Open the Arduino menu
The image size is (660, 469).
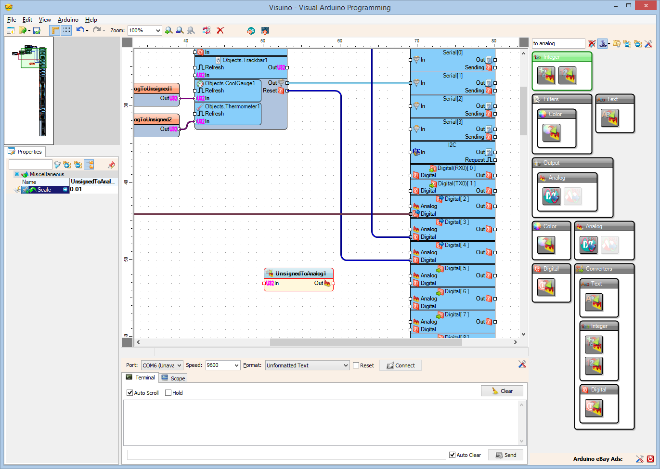68,20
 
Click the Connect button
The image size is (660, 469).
401,365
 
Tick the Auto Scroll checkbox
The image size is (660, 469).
130,393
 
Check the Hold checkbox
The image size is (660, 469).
168,393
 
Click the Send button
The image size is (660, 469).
505,455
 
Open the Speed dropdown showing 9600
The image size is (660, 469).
222,365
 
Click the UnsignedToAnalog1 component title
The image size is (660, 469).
300,274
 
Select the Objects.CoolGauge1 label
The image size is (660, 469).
230,83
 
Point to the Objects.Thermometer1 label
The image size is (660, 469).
232,106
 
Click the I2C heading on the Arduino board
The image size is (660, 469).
452,145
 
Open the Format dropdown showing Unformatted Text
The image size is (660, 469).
307,365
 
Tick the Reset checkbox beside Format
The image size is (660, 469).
356,365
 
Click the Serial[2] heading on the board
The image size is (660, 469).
453,99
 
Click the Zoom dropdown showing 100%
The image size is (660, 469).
144,30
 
